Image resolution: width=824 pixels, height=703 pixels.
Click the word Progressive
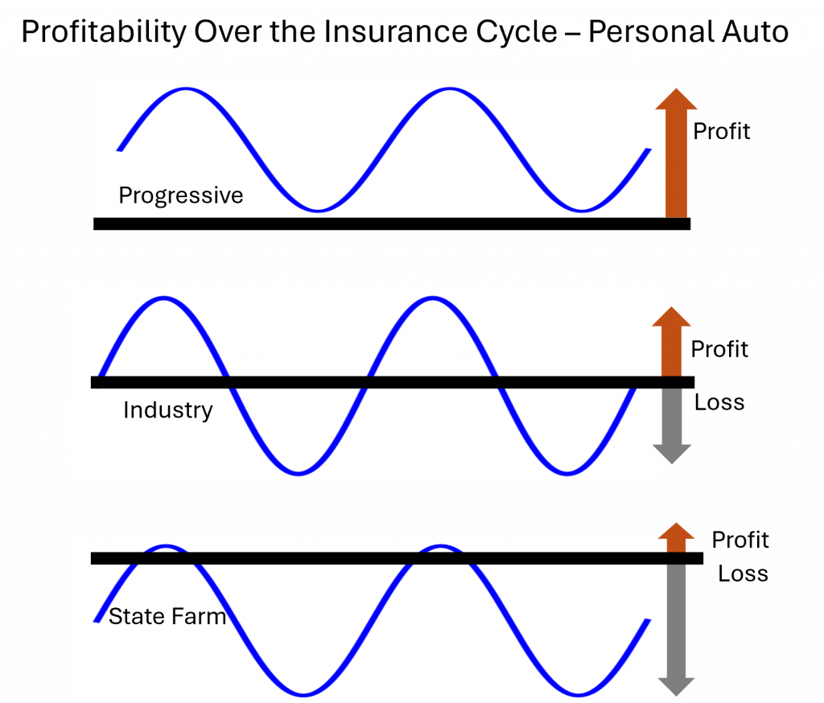point(180,195)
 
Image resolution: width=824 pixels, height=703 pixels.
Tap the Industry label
point(167,410)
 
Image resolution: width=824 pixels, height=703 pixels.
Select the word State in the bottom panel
point(136,617)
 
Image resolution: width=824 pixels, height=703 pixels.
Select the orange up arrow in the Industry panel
point(672,342)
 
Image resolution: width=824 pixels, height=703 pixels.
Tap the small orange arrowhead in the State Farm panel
point(676,536)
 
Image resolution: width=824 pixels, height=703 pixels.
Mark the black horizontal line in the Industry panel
point(386,382)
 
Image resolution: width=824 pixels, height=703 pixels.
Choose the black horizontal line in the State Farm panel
point(386,558)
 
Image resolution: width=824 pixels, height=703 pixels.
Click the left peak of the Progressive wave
point(186,89)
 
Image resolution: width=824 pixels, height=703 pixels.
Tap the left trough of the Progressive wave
point(319,211)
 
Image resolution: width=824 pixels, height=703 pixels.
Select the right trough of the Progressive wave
point(581,211)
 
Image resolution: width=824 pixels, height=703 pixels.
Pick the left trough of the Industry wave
point(299,471)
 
